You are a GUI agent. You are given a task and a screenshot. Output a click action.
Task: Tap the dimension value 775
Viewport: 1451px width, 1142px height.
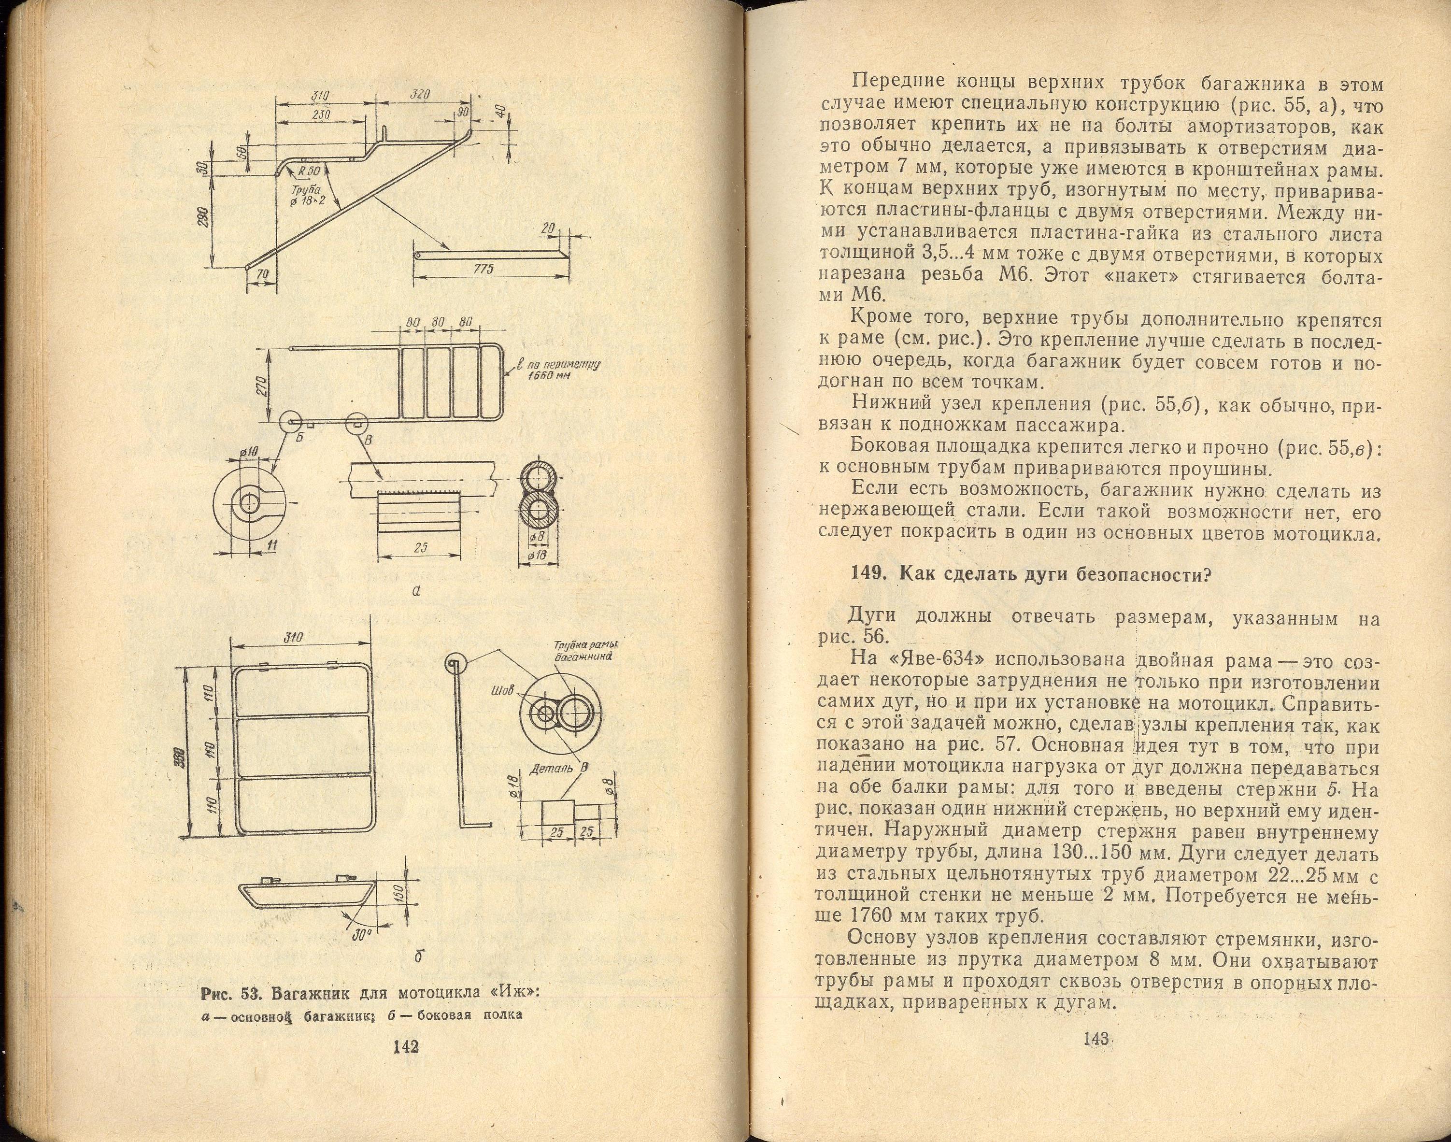(x=483, y=269)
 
